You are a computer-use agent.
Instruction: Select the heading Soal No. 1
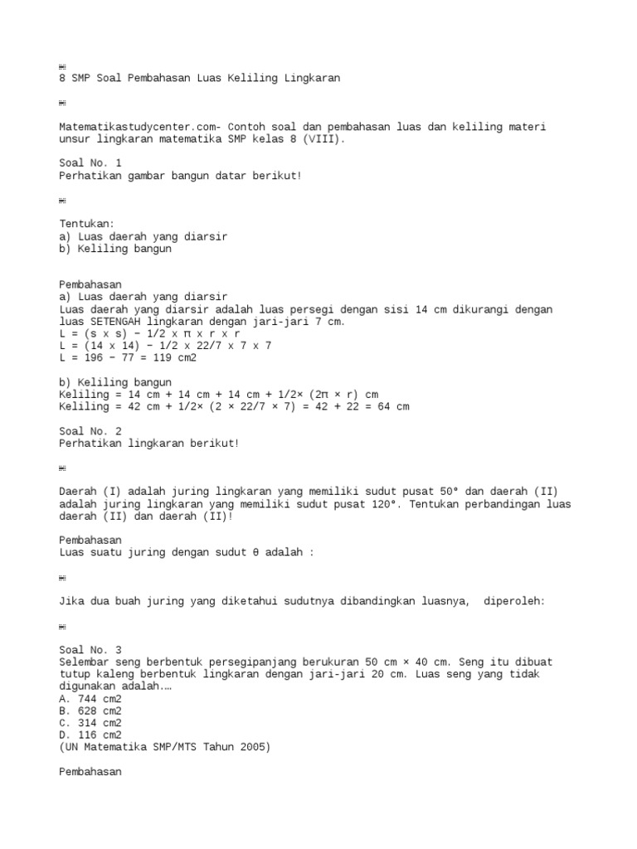tap(90, 163)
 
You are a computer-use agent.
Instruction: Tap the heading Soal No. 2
tap(90, 431)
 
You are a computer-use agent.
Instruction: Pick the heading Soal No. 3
tap(90, 650)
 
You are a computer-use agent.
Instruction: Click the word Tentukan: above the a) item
tap(87, 224)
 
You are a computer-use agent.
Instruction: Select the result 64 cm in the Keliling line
tap(392, 407)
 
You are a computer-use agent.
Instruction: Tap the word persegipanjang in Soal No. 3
tap(256, 662)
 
